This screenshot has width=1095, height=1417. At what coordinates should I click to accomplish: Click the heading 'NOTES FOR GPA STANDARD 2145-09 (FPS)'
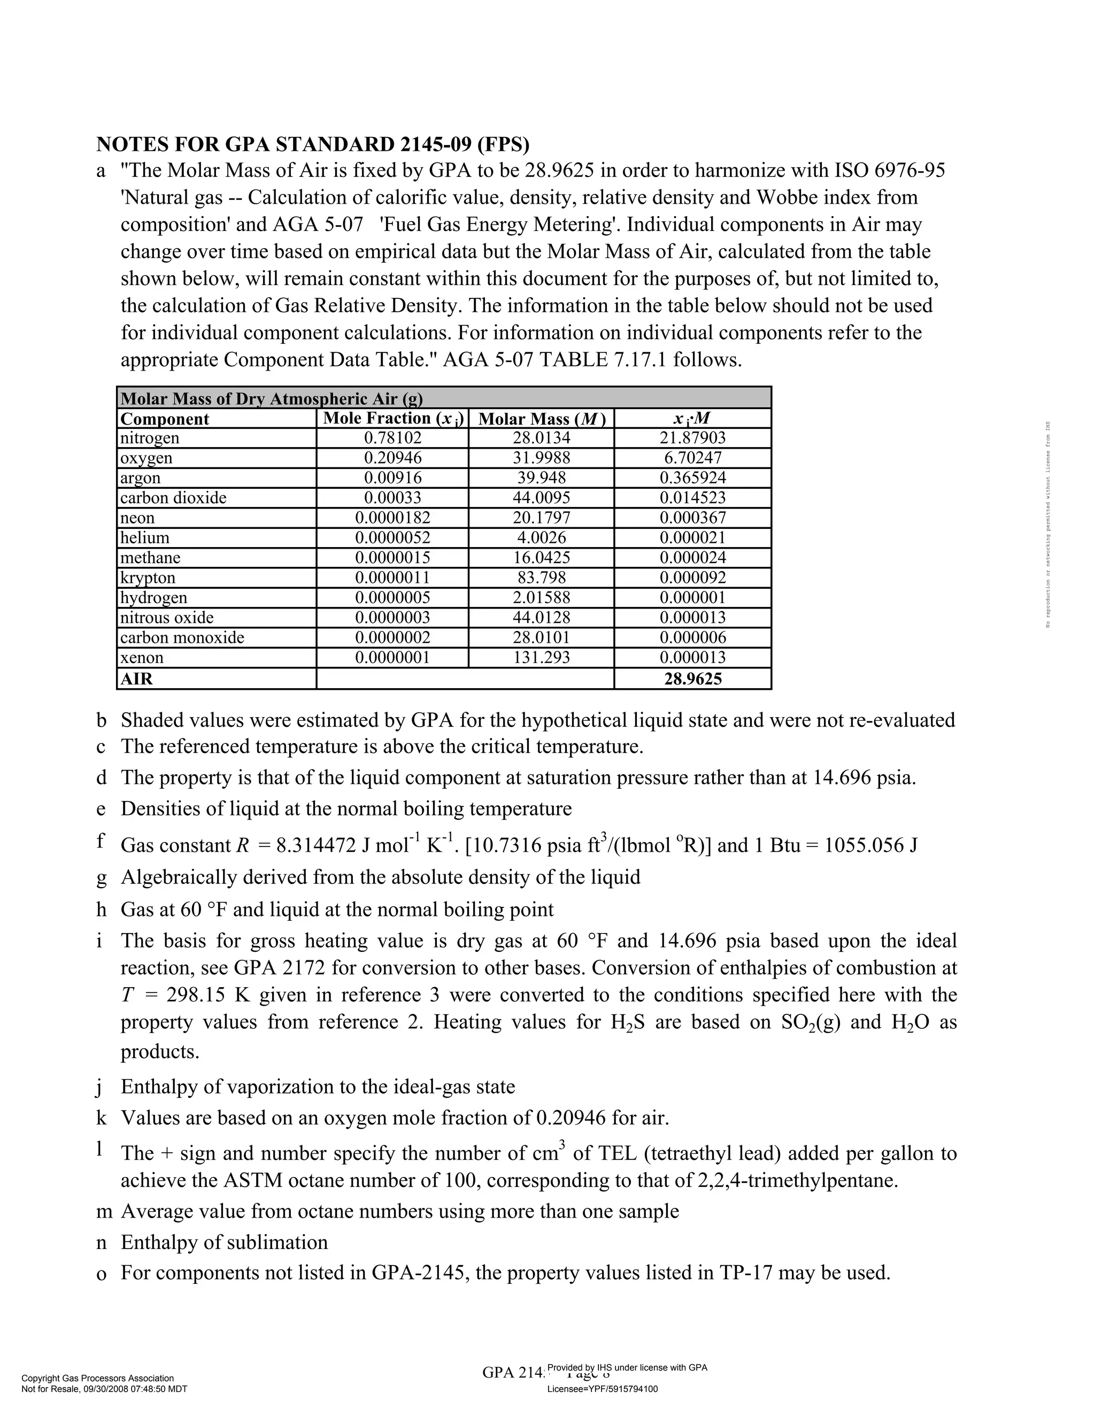pos(313,144)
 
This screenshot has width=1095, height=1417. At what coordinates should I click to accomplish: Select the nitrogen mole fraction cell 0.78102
pos(392,438)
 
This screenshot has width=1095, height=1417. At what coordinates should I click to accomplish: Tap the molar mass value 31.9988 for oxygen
pos(541,458)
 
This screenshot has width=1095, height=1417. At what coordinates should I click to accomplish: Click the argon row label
pos(140,478)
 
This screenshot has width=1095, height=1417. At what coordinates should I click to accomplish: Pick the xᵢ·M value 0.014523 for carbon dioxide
pos(692,498)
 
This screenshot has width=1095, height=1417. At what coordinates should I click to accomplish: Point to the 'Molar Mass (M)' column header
pos(541,419)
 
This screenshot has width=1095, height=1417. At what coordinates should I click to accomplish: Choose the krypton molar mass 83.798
pos(541,577)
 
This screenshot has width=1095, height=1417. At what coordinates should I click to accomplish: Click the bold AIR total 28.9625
pos(692,679)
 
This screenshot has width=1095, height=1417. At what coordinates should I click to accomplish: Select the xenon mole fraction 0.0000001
pos(392,657)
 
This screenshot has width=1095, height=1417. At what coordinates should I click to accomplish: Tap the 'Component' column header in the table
pos(165,419)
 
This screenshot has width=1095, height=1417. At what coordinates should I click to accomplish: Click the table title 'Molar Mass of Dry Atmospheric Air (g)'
pos(272,398)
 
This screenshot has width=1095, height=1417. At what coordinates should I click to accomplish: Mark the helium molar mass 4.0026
pos(541,538)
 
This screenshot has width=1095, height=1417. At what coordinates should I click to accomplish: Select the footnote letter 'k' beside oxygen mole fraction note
pos(101,1118)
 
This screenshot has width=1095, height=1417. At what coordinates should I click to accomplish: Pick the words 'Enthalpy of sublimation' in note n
pos(225,1242)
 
